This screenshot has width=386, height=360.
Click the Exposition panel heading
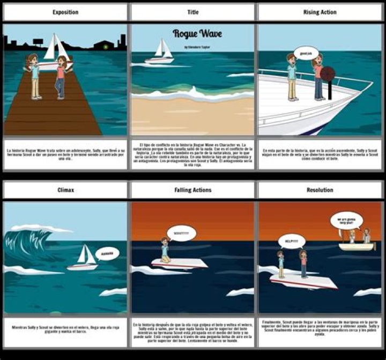pyautogui.click(x=65, y=12)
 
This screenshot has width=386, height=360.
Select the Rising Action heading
pyautogui.click(x=320, y=12)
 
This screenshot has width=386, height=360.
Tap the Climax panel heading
pyautogui.click(x=65, y=190)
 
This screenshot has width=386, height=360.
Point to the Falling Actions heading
pyautogui.click(x=192, y=190)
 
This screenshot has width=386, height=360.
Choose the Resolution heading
pyautogui.click(x=320, y=190)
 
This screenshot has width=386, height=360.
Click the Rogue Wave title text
pyautogui.click(x=197, y=34)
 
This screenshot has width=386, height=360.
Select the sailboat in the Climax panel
pyautogui.click(x=84, y=258)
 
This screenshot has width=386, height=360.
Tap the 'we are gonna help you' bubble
pyautogui.click(x=346, y=220)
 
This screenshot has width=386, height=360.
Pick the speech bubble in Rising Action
pyautogui.click(x=307, y=53)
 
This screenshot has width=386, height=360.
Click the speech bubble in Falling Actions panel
pyautogui.click(x=181, y=232)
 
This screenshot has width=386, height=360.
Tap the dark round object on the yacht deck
pyautogui.click(x=328, y=74)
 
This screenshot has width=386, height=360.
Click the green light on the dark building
pyautogui.click(x=106, y=47)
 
